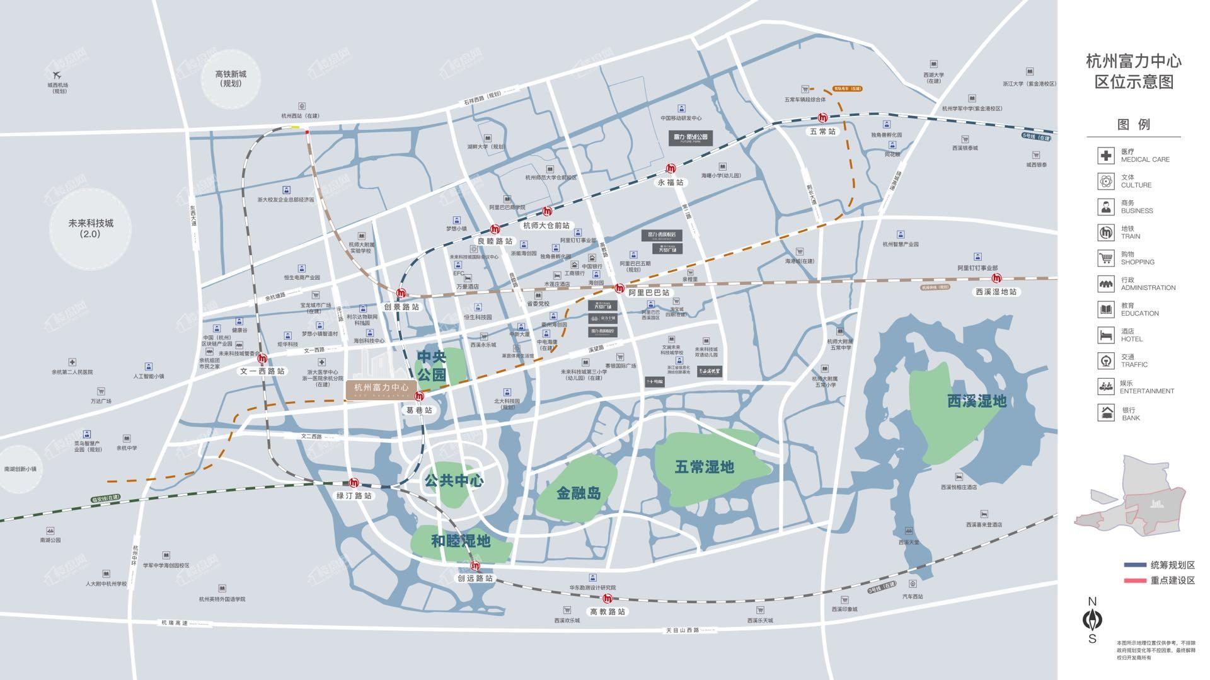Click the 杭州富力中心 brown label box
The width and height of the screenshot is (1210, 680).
[x=381, y=389]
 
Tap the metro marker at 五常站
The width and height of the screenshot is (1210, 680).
[x=822, y=118]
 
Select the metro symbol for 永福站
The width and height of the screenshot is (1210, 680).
[x=671, y=168]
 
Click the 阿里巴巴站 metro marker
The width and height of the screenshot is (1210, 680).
[x=619, y=288]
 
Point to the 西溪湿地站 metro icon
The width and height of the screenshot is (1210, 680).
[x=996, y=279]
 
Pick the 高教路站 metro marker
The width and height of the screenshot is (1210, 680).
[x=608, y=599]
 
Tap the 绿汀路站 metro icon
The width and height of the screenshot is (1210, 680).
[x=354, y=483]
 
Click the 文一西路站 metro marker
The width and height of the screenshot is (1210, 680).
[x=262, y=359]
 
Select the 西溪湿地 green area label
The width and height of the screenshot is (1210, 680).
[x=977, y=401]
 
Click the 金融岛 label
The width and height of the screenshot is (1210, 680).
[x=579, y=493]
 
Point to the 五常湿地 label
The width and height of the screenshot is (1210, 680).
[x=704, y=467]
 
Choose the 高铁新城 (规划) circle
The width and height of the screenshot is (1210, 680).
[x=231, y=79]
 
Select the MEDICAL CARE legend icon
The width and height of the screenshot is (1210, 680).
[x=1105, y=156]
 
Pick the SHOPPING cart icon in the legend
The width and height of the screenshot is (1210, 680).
[x=1105, y=258]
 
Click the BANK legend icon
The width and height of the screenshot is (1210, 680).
[x=1105, y=413]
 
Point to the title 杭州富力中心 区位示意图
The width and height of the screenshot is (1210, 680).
[x=1133, y=71]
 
